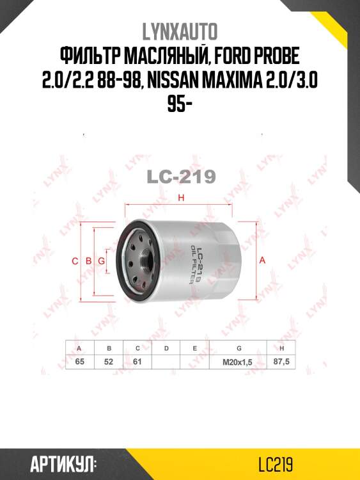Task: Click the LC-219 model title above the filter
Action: click(181, 177)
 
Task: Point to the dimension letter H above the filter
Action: click(181, 198)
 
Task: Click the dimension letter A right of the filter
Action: click(262, 260)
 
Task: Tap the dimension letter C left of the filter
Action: click(75, 260)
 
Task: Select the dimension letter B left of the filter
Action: click(88, 260)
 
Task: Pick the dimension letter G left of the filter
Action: click(101, 260)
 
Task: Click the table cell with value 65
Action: click(80, 362)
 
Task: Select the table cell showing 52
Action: click(109, 362)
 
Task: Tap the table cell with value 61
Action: click(137, 362)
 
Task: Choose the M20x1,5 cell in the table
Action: click(238, 362)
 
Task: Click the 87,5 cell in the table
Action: click(282, 362)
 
